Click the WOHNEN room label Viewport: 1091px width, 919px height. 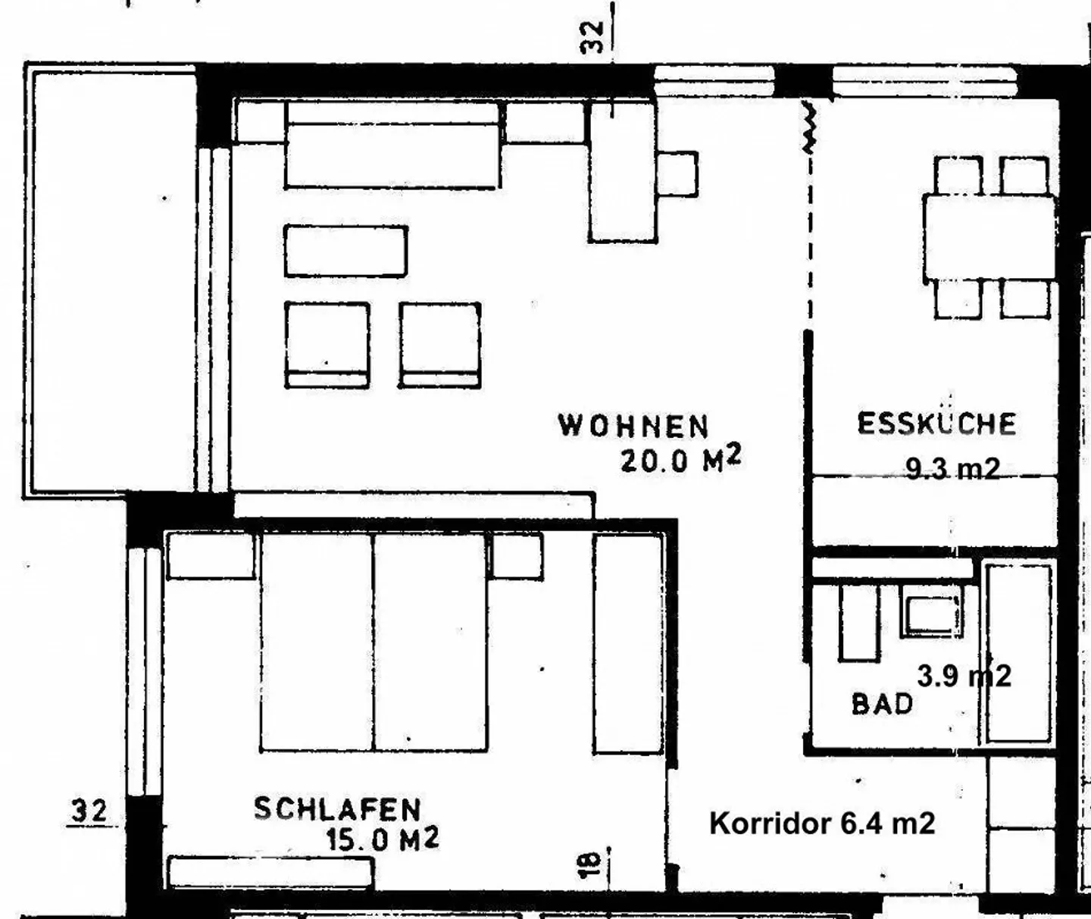coord(633,426)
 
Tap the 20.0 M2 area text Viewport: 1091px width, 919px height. coord(681,461)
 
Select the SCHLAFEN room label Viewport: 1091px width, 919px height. coord(338,809)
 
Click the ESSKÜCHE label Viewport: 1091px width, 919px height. coord(937,424)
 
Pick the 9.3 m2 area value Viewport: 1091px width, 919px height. coord(952,469)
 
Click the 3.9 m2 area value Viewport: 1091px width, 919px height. coord(964,676)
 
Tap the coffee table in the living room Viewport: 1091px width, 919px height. coord(346,251)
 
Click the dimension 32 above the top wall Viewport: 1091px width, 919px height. coord(592,37)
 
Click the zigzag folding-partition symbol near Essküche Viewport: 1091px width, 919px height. coord(809,127)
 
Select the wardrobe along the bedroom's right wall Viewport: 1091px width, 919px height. coord(628,644)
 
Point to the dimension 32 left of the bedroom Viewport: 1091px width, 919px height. coord(89,811)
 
